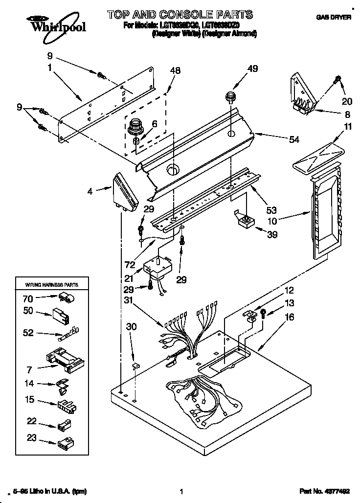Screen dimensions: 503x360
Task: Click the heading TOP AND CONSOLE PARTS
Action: pyautogui.click(x=180, y=14)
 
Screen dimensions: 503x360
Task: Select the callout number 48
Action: pyautogui.click(x=175, y=70)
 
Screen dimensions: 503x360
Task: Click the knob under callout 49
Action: pyautogui.click(x=231, y=96)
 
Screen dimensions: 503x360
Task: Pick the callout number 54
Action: pyautogui.click(x=294, y=140)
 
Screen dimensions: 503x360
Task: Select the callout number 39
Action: pyautogui.click(x=272, y=234)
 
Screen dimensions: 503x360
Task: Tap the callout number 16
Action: pyautogui.click(x=290, y=318)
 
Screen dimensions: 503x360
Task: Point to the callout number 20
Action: pyautogui.click(x=346, y=102)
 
